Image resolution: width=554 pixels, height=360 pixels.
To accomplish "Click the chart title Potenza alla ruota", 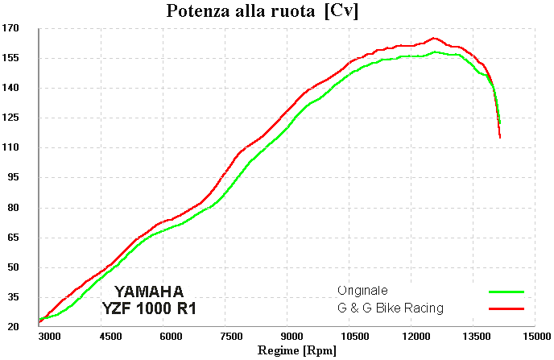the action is click(240, 11).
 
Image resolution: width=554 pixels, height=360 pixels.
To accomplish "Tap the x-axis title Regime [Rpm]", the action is click(297, 350).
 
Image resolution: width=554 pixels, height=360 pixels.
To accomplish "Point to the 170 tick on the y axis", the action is click(10, 28).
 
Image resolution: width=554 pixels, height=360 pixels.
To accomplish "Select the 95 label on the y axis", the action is click(14, 177).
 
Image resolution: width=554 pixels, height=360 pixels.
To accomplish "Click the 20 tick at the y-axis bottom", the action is click(14, 326).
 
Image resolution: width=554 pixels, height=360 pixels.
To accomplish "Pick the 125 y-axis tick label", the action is click(10, 118).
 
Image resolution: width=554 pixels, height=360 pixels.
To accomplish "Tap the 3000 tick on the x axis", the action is click(49, 337).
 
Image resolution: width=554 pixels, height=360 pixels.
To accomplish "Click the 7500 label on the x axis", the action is click(231, 337).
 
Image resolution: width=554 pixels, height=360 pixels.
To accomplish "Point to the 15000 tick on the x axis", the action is click(537, 337).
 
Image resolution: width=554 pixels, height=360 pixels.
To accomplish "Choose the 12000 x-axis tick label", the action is click(416, 337).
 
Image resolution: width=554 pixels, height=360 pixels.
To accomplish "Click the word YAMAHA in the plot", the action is click(149, 292).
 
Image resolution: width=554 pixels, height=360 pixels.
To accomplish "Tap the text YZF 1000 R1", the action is click(149, 308).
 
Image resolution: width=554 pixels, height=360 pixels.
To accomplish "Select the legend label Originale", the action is click(363, 291).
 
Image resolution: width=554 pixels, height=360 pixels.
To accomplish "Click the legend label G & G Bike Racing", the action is click(391, 308).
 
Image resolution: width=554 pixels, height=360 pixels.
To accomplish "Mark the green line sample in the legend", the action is click(506, 292).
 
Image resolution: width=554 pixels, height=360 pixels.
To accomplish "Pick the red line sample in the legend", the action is click(506, 308).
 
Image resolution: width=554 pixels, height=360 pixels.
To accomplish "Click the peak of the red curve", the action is click(434, 38).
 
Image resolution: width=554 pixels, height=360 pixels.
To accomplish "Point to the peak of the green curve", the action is click(435, 52).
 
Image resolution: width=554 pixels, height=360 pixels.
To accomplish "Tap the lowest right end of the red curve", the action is click(500, 138).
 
